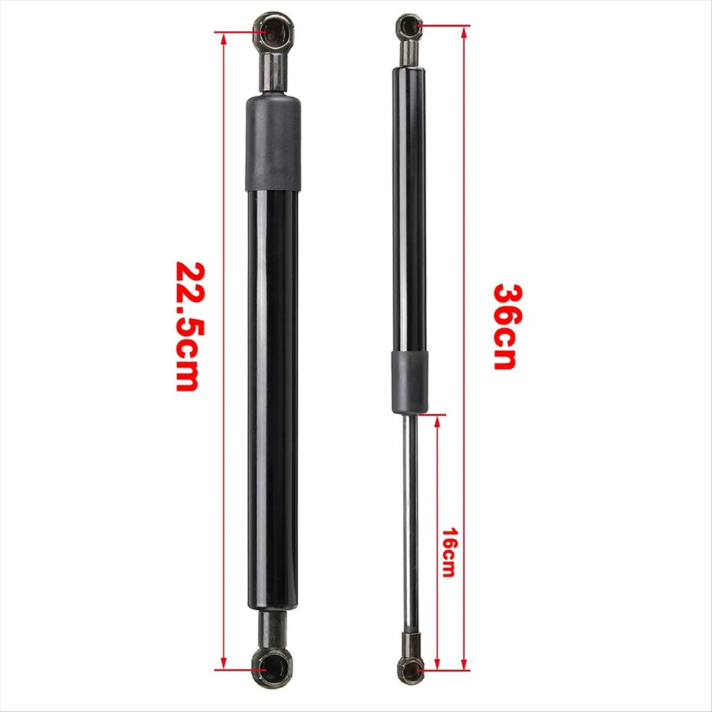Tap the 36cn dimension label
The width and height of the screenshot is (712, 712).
tap(508, 327)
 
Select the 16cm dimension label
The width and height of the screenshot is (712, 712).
tap(449, 552)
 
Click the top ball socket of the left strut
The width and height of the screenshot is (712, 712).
tap(273, 31)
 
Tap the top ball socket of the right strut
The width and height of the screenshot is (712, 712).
tap(410, 27)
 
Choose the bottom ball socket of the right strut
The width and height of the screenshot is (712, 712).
tap(410, 669)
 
